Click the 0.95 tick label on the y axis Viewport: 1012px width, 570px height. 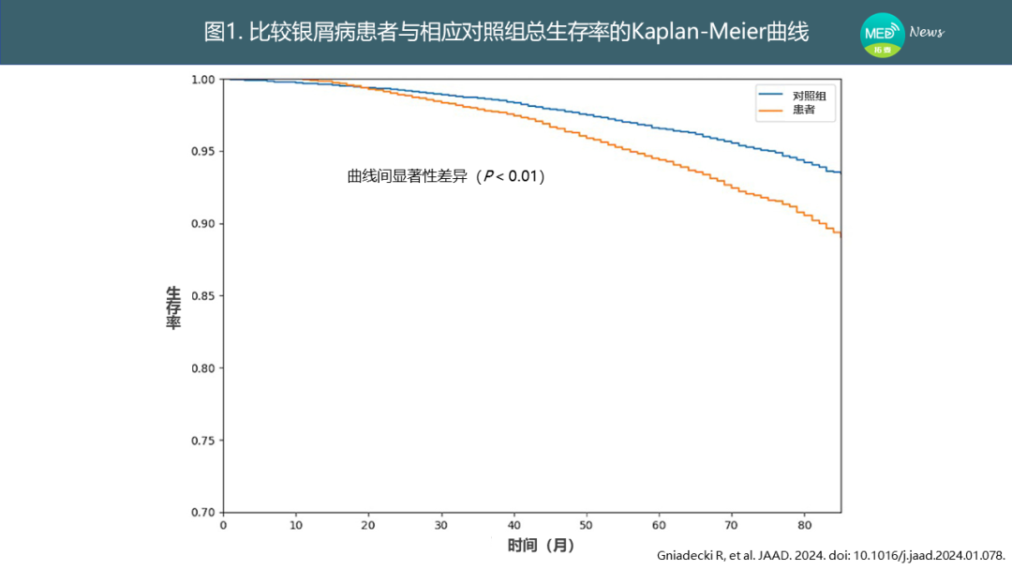point(202,152)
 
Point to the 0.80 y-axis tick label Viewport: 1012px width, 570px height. point(202,368)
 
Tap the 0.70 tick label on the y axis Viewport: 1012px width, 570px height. point(202,513)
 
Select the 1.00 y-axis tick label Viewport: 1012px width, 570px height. point(202,80)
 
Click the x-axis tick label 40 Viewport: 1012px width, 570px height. point(513,525)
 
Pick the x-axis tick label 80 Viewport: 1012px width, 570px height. point(804,525)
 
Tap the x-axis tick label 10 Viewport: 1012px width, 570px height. point(295,525)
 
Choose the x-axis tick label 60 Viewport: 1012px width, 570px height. point(659,525)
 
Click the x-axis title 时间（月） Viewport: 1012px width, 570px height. point(541,546)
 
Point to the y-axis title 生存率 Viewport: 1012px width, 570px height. point(173,307)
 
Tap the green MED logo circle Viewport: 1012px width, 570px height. point(883,35)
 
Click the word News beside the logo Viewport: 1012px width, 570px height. point(926,32)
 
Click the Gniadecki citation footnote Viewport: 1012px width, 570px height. point(830,555)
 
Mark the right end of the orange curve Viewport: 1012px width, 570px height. point(841,235)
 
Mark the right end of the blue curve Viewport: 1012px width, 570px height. point(841,173)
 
